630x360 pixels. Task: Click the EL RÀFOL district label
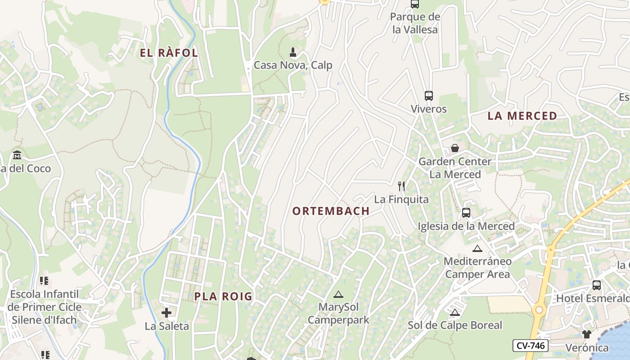coord(169,53)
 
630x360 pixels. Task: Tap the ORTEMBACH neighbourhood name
coord(331,211)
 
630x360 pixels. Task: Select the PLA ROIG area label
coord(223,297)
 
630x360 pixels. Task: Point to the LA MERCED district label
coord(522,116)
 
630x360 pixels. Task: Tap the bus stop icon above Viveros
coord(429,96)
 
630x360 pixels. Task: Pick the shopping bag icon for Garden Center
coord(455,148)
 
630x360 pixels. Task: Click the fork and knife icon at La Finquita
coord(401,186)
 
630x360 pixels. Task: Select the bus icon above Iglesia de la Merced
coord(466,213)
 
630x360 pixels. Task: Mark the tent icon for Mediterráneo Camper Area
coord(477,248)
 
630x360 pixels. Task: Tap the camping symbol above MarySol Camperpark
coord(338,295)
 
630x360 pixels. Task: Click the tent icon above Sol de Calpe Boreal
coord(454,312)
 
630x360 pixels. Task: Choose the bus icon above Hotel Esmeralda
coord(597,285)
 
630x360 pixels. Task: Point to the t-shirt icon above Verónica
coord(587,334)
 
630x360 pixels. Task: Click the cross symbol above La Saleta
coord(166,312)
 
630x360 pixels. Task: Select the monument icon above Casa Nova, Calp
coord(293,52)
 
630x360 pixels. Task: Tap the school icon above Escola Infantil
coord(44,281)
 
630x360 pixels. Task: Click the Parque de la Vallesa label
coord(414,23)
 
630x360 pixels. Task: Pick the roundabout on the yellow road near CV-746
coord(539,310)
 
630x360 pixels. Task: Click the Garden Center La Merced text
coord(455,168)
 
